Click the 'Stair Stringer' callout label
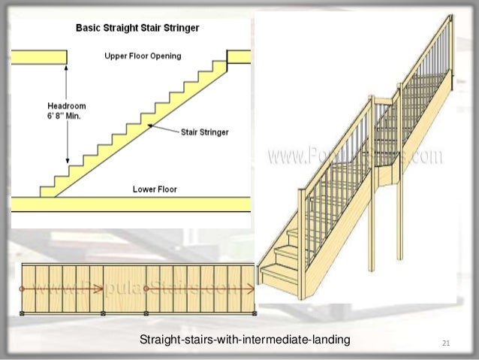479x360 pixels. [x=204, y=132]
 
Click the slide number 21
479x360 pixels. [x=446, y=344]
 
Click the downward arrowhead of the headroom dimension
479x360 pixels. [x=68, y=161]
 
